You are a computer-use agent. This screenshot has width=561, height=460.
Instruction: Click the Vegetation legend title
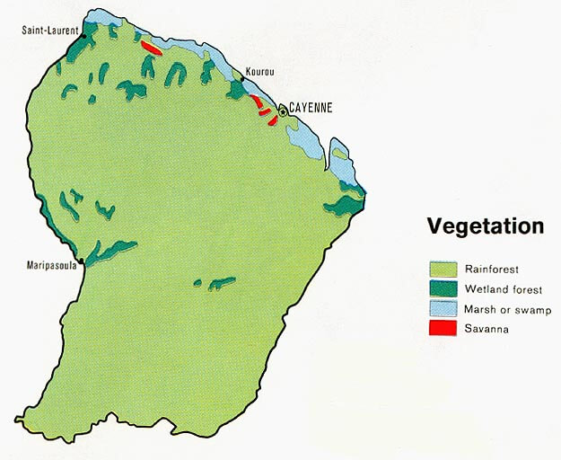tap(485, 226)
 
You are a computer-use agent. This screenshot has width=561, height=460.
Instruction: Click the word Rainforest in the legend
tap(492, 269)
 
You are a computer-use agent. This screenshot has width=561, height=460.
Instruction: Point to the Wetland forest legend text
tap(504, 289)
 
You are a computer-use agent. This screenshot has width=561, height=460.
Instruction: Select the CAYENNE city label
tap(311, 107)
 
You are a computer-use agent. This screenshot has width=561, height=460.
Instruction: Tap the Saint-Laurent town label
tap(51, 31)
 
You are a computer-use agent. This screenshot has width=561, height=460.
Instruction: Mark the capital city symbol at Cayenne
tap(283, 111)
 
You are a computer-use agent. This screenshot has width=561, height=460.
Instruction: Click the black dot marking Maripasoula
tap(82, 261)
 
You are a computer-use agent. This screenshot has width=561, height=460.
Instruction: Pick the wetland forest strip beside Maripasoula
tap(110, 251)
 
